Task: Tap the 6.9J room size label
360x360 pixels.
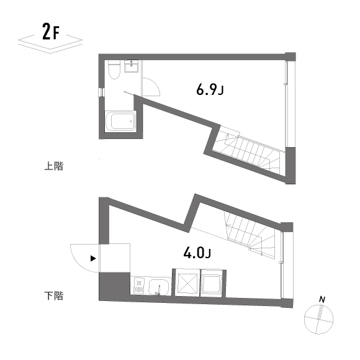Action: tap(209, 91)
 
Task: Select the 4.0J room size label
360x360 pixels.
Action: tap(197, 253)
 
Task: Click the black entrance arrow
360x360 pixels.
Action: tap(93, 258)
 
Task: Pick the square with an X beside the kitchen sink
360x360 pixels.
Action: tap(187, 284)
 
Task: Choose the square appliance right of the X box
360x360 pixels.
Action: tap(212, 284)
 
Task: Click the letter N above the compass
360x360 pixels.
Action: tap(322, 300)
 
